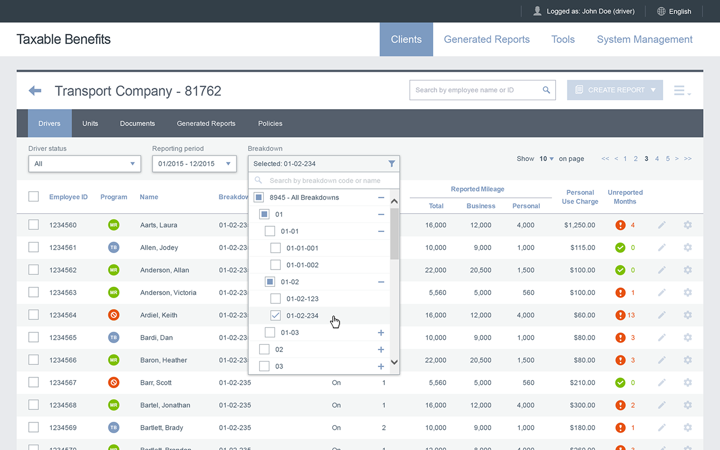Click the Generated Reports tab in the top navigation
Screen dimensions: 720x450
(487, 39)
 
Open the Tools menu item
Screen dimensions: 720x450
(563, 39)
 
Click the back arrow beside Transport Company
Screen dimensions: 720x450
(35, 91)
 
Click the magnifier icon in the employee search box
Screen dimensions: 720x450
(546, 90)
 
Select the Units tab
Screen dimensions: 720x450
(90, 123)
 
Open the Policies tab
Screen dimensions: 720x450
(270, 123)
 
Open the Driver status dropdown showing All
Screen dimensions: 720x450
(84, 164)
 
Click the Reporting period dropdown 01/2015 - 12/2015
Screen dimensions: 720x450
(194, 164)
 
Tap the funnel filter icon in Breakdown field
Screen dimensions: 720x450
(391, 164)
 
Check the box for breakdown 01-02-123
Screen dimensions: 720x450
(276, 299)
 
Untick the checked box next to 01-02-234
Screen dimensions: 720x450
(276, 316)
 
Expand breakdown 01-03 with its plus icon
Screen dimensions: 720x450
(381, 332)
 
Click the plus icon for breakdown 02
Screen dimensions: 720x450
(381, 349)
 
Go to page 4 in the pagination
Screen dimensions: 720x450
(657, 159)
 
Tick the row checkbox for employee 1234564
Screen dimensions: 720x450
(33, 314)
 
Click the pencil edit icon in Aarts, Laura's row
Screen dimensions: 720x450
(661, 225)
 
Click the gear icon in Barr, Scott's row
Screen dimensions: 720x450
(687, 382)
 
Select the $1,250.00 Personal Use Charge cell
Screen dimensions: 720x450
(579, 225)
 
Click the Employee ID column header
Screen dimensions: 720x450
(69, 197)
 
